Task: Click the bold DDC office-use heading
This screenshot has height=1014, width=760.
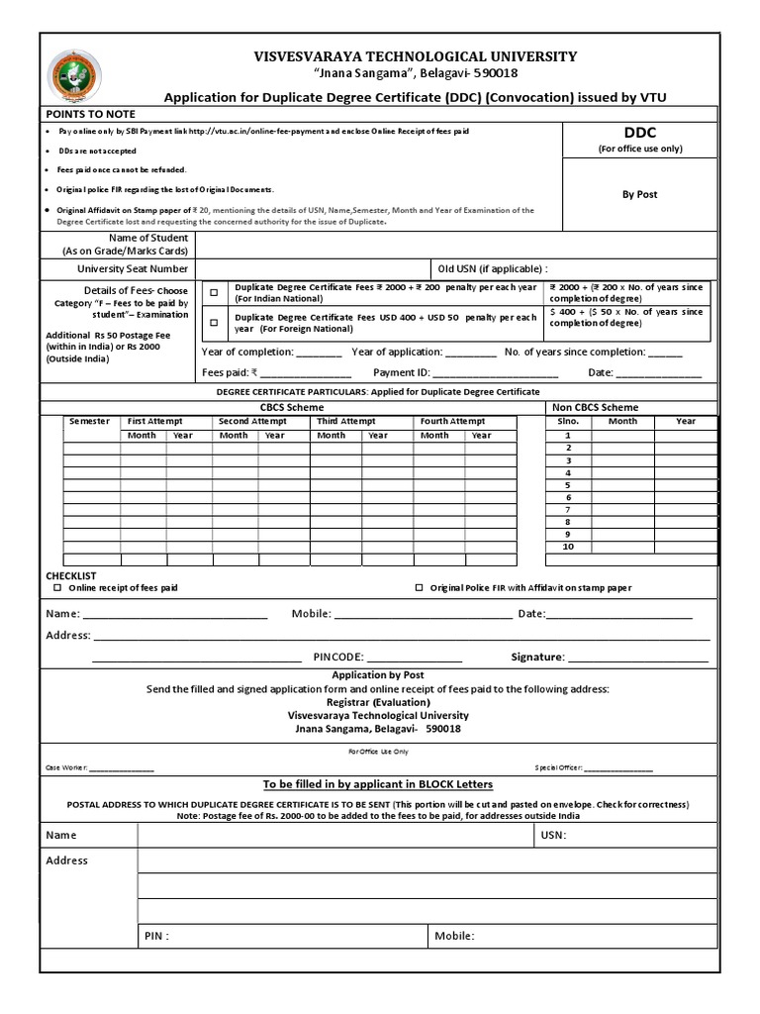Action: coord(639,133)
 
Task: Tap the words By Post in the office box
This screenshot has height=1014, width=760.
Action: coord(639,194)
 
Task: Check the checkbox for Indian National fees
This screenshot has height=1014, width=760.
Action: coord(214,293)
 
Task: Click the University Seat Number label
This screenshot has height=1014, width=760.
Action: coord(133,268)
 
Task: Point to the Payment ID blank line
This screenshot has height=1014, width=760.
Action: coord(495,374)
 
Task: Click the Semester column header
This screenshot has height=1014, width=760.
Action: coord(89,421)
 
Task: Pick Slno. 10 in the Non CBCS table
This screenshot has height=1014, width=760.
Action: coord(568,547)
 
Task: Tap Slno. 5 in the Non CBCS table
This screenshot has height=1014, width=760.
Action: coord(568,485)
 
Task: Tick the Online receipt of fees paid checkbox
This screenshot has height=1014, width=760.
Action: coord(56,588)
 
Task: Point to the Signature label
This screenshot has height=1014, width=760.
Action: coord(537,657)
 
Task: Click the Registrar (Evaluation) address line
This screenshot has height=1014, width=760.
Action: coord(378,702)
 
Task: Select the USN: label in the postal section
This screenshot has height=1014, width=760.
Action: coord(554,835)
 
